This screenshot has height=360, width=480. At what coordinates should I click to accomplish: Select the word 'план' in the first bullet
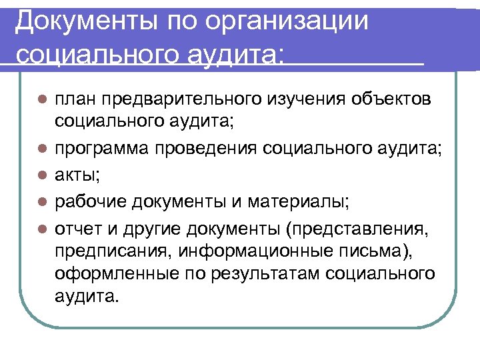(x=75, y=100)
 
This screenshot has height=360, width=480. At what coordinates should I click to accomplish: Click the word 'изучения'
(x=304, y=100)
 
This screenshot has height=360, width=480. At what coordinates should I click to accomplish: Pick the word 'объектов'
(x=393, y=100)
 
